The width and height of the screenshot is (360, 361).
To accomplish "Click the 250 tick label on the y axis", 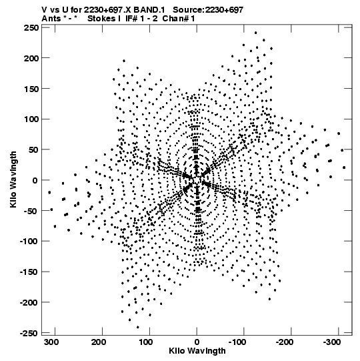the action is pyautogui.click(x=31, y=27).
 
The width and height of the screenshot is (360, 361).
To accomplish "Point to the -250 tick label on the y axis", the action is pyautogui.click(x=29, y=333).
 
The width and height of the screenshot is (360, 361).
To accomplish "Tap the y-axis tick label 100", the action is pyautogui.click(x=31, y=119).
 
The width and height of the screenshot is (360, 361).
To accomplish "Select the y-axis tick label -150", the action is pyautogui.click(x=29, y=272).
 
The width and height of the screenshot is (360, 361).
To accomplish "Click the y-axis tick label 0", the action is pyautogui.click(x=35, y=180).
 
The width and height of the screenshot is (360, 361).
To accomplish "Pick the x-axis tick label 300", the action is pyautogui.click(x=51, y=342).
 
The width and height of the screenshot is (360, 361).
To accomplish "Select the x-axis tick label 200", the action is pyautogui.click(x=99, y=342).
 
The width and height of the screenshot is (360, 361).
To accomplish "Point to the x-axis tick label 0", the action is pyautogui.click(x=197, y=342).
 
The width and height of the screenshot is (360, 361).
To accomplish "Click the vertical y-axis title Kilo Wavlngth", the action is pyautogui.click(x=13, y=179).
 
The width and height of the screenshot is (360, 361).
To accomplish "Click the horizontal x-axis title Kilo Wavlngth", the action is pyautogui.click(x=197, y=351).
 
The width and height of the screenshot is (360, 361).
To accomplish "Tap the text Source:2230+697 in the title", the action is pyautogui.click(x=208, y=10).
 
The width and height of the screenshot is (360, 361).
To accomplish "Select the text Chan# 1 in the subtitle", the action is pyautogui.click(x=179, y=19).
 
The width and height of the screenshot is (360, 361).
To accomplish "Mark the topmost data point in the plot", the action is pyautogui.click(x=255, y=33).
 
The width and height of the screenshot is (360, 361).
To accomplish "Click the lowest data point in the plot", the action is pyautogui.click(x=138, y=327).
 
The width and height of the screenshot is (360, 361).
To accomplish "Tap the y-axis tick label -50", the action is pyautogui.click(x=31, y=211).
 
